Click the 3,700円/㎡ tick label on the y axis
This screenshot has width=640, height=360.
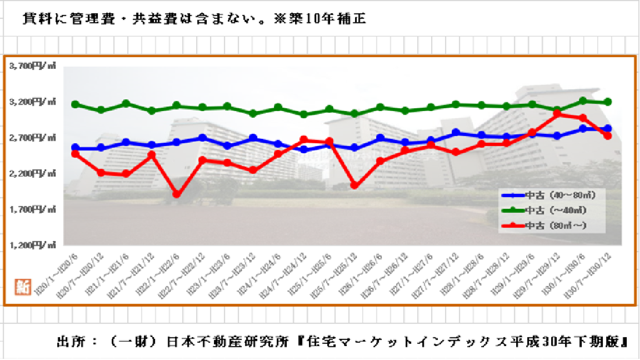coord(33,66)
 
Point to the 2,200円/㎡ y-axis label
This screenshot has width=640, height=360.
coord(33,173)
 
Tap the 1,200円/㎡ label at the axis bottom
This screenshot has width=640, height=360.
coord(33,245)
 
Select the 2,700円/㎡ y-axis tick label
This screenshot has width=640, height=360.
coord(33,137)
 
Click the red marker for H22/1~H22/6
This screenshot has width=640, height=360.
coord(177,194)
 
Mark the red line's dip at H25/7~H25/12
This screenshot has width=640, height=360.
coord(354,186)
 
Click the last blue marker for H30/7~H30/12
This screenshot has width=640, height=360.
coord(608,128)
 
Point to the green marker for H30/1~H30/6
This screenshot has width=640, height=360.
coord(583,101)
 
